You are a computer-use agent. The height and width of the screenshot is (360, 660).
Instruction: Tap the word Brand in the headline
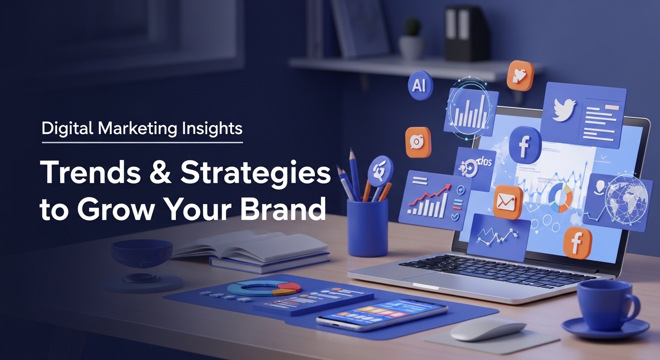coord(283,208)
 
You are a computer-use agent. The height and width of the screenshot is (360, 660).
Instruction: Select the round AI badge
coord(420,85)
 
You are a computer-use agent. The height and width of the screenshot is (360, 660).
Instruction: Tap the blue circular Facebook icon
coord(525,145)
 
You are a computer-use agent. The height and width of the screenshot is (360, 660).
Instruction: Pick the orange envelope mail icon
coord(507,202)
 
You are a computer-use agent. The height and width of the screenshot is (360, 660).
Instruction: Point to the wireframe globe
coord(626,198)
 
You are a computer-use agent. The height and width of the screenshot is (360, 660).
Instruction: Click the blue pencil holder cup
coord(367,227)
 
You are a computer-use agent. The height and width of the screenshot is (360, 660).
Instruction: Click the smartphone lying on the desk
coord(382,315)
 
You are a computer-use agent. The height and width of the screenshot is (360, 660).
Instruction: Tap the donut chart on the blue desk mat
coord(264,288)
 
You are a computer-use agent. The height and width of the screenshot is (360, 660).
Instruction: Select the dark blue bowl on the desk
coord(142,253)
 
